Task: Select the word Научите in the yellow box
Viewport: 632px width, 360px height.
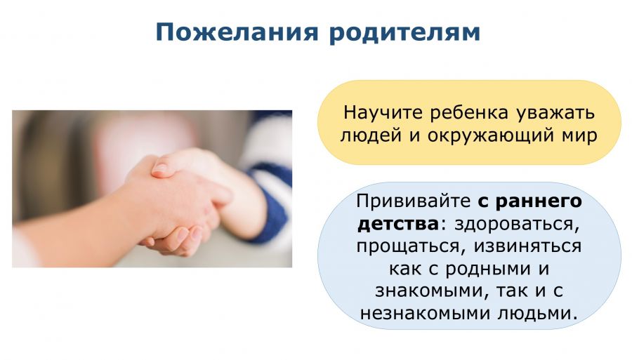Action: [x=383, y=112]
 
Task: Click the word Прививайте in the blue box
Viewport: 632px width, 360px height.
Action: [x=413, y=201]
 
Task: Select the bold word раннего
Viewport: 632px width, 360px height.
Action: [x=539, y=201]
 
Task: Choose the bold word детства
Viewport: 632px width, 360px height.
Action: [x=398, y=224]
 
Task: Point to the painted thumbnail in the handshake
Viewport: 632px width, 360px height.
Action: [x=160, y=168]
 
